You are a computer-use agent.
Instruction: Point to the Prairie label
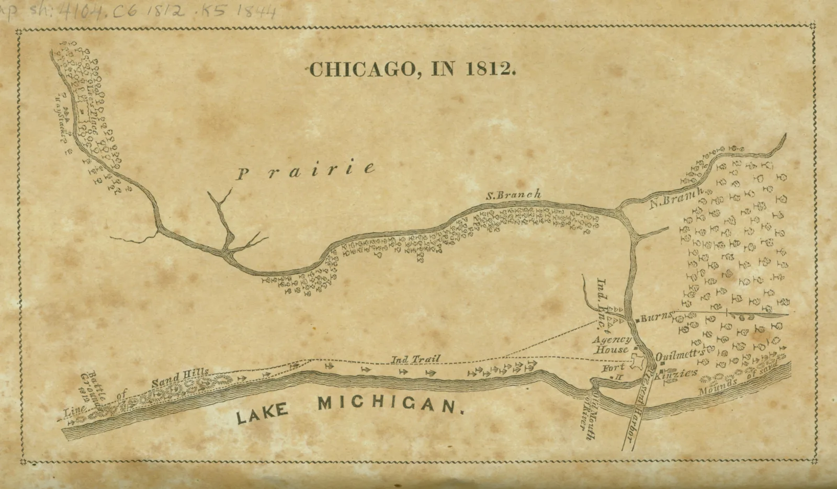306,170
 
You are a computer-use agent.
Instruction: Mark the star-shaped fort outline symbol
639,362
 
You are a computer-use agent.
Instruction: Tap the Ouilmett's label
678,354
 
